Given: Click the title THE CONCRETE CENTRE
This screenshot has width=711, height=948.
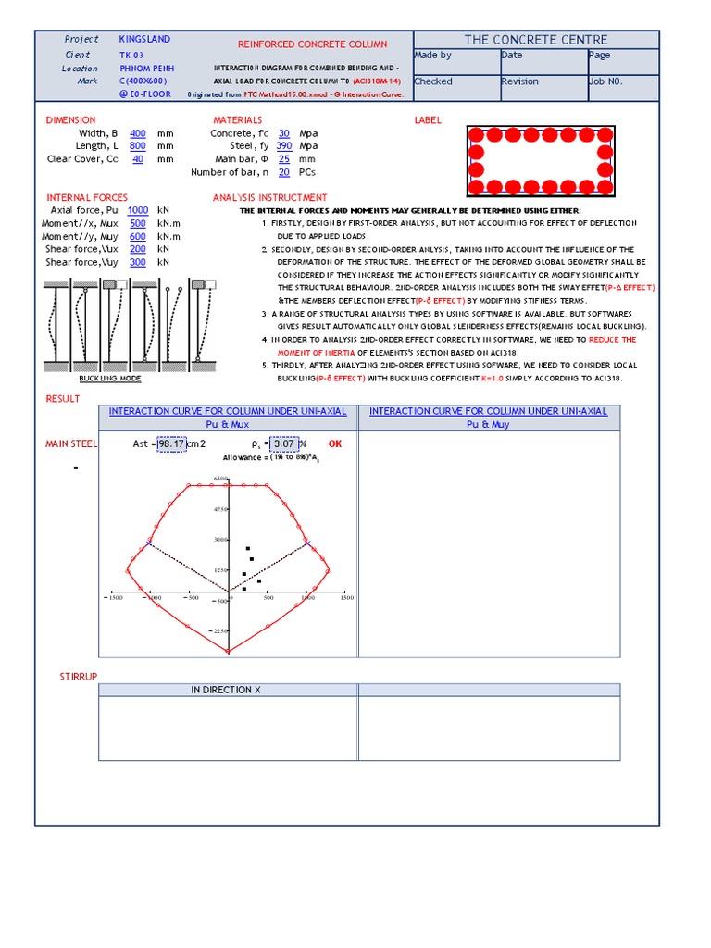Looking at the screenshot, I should [x=536, y=40].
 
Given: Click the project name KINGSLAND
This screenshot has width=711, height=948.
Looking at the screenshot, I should [x=144, y=40].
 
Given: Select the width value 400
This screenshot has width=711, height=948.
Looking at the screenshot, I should [x=137, y=134].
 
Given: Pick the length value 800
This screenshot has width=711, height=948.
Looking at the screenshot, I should [x=137, y=146].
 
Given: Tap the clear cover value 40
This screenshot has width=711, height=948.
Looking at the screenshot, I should [x=138, y=159].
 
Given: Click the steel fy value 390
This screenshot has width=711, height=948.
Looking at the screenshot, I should [x=284, y=146].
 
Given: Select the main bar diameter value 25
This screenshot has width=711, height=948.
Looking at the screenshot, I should [x=284, y=159].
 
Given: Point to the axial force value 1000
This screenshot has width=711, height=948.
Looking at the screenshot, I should [x=138, y=211].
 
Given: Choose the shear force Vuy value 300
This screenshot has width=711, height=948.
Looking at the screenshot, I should [x=137, y=263].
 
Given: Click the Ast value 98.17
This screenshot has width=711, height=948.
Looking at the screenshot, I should [x=171, y=444].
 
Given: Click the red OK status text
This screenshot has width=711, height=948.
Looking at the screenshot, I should [x=335, y=444].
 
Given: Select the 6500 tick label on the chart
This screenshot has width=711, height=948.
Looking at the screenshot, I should [x=220, y=479].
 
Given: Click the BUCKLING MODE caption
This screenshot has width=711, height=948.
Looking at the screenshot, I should [x=110, y=380].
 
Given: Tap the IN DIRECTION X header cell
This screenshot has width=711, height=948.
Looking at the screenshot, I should [x=227, y=690].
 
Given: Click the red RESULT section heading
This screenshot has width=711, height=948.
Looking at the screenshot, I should [x=63, y=399].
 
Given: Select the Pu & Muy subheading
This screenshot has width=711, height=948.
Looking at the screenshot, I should [x=488, y=424].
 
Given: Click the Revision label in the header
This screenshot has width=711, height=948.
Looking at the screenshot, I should [x=519, y=81].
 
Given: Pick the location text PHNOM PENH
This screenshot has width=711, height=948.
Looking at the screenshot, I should [x=146, y=69].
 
